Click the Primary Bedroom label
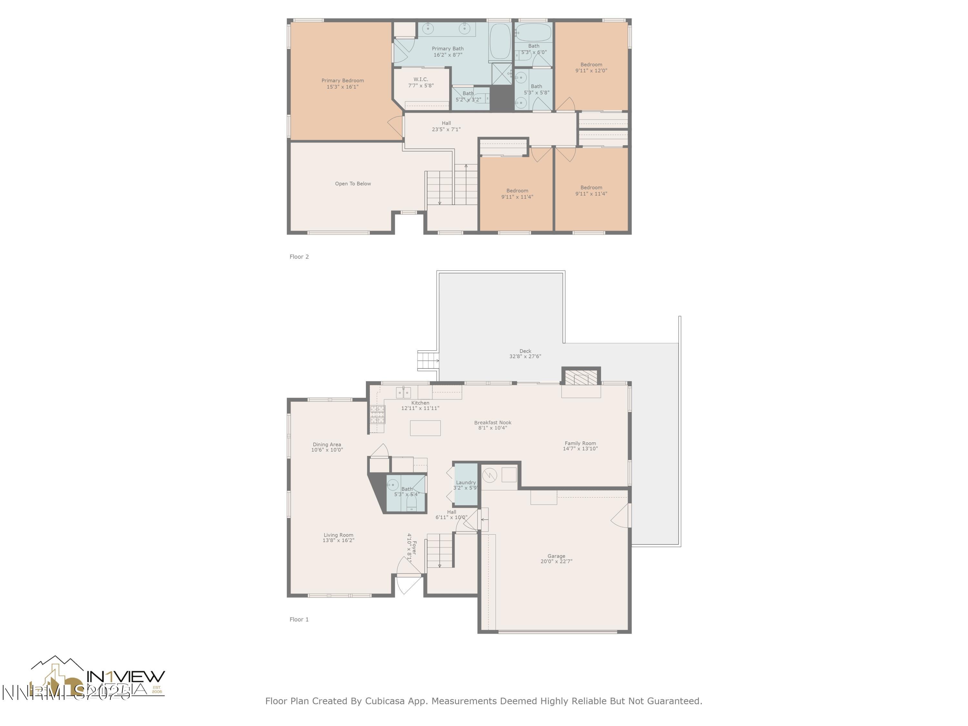pyautogui.click(x=342, y=81)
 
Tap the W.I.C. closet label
pyautogui.click(x=420, y=79)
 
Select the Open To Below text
pyautogui.click(x=353, y=184)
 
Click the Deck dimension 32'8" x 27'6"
pyautogui.click(x=525, y=357)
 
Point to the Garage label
pyautogui.click(x=556, y=556)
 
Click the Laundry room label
pyautogui.click(x=466, y=482)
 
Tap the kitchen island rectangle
pyautogui.click(x=425, y=428)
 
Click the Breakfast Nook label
pyautogui.click(x=492, y=422)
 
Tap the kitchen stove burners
pyautogui.click(x=377, y=414)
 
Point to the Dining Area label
pyautogui.click(x=327, y=444)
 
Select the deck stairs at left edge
pyautogui.click(x=428, y=361)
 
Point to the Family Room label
pyautogui.click(x=580, y=443)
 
